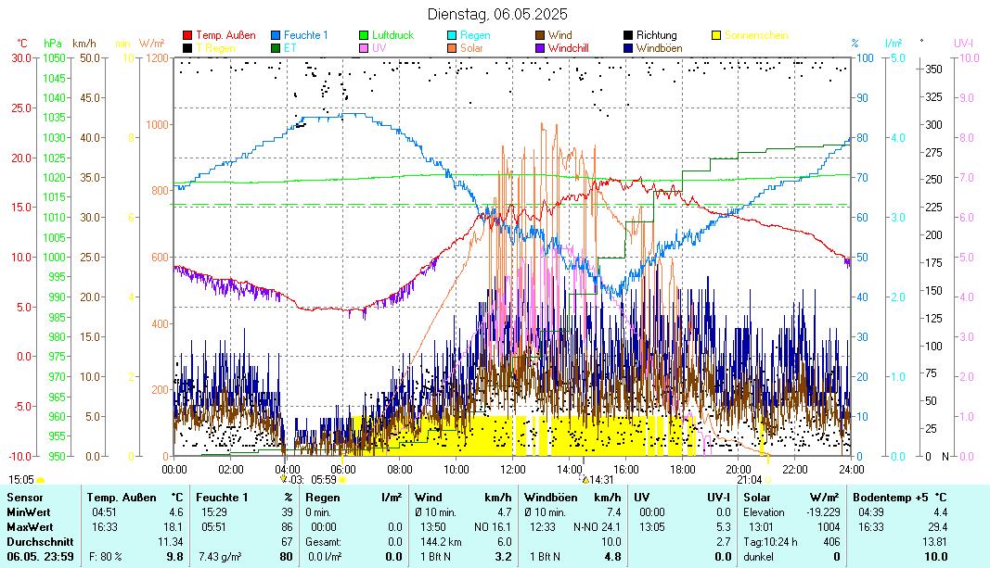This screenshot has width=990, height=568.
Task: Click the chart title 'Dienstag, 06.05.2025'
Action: [497, 14]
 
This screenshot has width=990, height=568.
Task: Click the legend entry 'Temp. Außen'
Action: [225, 35]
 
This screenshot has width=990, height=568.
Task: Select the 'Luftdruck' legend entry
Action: [392, 35]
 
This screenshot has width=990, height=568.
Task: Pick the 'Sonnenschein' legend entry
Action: [756, 35]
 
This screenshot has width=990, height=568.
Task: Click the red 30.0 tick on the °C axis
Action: [21, 57]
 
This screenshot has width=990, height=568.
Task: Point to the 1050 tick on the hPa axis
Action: [55, 57]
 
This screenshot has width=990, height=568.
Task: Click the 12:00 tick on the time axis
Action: [512, 469]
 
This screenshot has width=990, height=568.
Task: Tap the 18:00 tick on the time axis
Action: [682, 469]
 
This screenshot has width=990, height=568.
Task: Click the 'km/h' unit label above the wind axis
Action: [84, 43]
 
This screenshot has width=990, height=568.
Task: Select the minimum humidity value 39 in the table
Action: [287, 511]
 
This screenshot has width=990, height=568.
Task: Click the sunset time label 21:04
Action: [749, 479]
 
